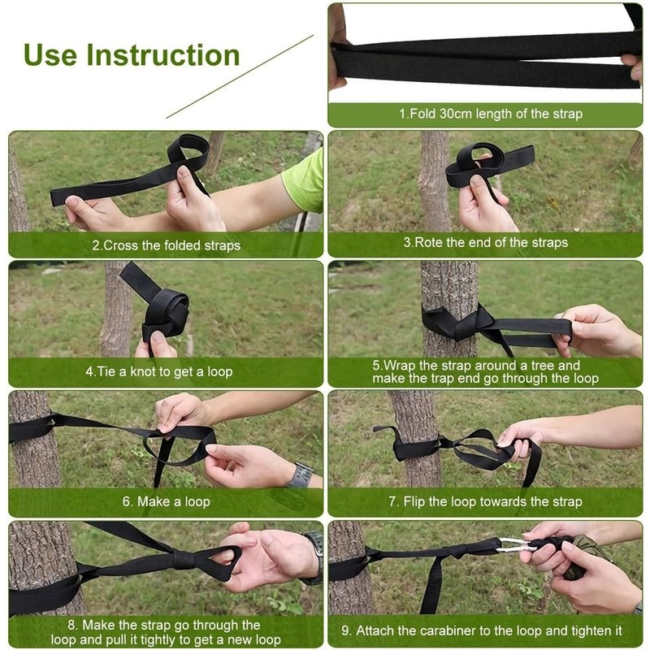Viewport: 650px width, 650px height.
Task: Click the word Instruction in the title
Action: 163,55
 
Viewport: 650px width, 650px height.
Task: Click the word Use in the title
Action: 52,55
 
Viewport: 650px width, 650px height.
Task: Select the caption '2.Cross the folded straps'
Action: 166,244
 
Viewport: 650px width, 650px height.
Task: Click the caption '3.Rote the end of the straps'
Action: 486,242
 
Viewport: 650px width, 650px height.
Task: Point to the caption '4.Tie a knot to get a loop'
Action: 159,371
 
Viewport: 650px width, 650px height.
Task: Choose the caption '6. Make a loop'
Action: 166,501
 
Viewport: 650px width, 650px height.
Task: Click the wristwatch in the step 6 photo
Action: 300,474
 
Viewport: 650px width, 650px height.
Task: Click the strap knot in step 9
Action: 460,551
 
